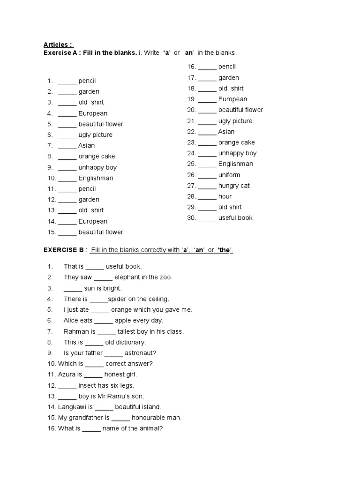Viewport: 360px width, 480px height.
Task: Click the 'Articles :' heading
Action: click(58, 45)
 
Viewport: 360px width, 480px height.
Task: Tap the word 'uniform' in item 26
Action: click(229, 175)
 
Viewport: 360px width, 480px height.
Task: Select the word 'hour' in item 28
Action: click(225, 196)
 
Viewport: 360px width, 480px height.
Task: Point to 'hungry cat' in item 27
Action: click(234, 186)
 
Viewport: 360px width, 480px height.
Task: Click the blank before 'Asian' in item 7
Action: click(67, 146)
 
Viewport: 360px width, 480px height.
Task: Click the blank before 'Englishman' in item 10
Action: click(67, 179)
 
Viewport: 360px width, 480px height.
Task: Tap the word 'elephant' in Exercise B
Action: click(127, 277)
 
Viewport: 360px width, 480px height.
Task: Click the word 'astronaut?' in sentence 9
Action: click(141, 353)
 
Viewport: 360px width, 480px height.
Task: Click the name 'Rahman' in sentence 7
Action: click(76, 331)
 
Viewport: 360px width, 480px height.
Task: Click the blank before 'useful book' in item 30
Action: click(207, 218)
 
